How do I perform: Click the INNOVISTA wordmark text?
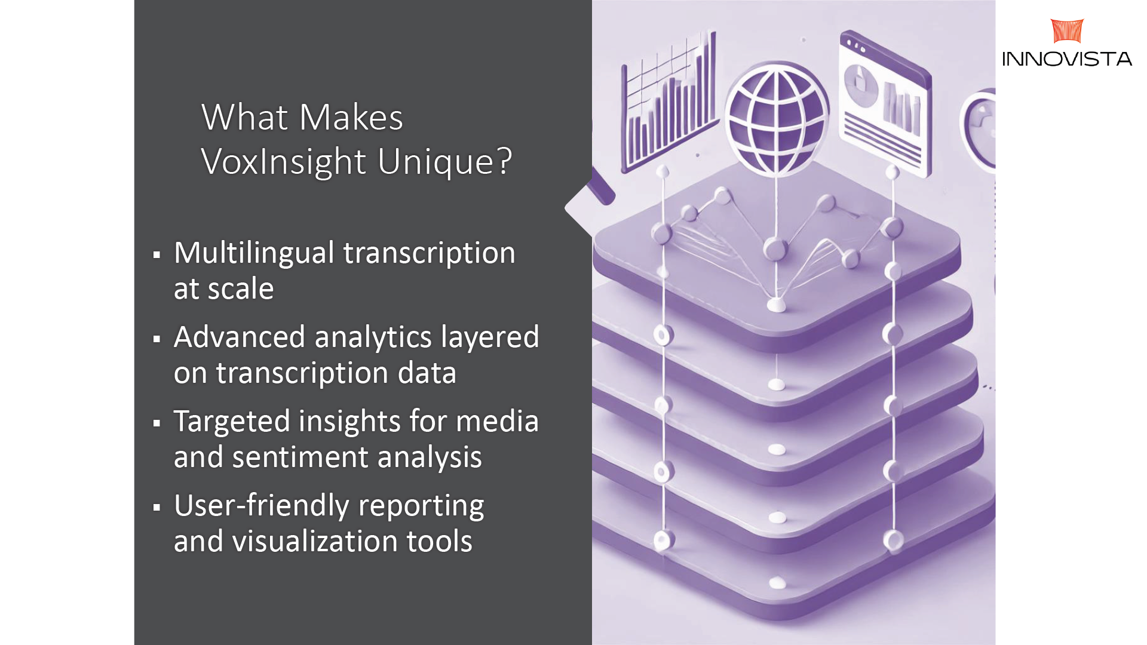(x=1067, y=59)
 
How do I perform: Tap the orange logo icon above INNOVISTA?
(x=1067, y=30)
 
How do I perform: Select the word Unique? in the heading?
(x=445, y=161)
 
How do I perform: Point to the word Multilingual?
(x=254, y=253)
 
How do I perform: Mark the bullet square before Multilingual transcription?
(x=157, y=256)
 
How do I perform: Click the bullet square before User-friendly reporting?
(x=157, y=508)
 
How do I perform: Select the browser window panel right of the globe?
(x=885, y=104)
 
